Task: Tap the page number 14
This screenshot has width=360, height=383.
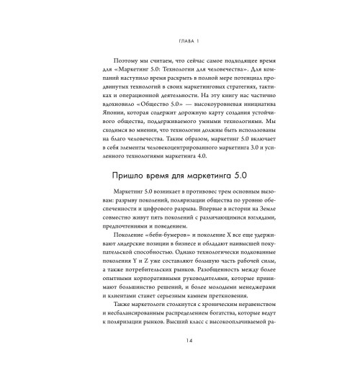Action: click(180, 361)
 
